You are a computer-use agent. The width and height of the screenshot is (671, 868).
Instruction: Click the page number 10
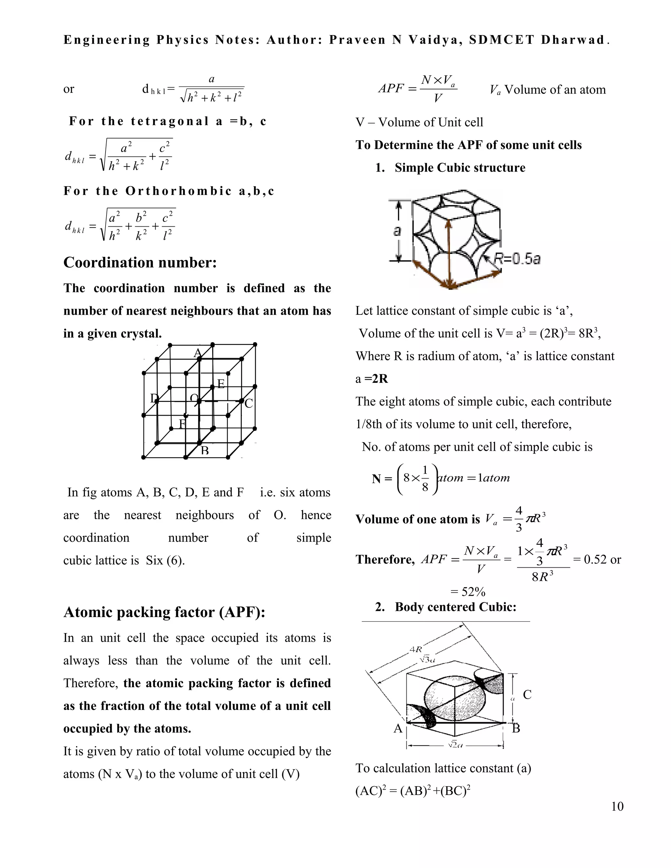tap(617, 806)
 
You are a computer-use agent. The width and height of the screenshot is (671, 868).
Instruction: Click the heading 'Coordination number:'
tap(140, 262)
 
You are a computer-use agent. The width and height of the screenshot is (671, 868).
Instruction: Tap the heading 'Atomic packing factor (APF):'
tap(164, 613)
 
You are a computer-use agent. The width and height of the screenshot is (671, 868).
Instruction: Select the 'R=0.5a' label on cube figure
tap(517, 259)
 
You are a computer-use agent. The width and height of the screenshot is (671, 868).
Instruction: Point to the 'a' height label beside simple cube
tap(397, 231)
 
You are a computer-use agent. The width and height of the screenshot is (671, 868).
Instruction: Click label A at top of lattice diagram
tap(198, 352)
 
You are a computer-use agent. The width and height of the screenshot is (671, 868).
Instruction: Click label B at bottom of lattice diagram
tap(205, 451)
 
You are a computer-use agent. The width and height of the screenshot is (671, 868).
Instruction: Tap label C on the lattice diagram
tap(249, 404)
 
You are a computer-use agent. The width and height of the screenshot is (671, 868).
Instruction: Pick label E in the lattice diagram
tap(221, 384)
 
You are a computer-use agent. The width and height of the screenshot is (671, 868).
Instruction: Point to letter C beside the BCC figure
tap(527, 695)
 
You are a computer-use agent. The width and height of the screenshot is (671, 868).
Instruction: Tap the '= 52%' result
tap(468, 592)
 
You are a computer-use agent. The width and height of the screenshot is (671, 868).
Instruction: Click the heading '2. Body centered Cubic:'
tap(446, 607)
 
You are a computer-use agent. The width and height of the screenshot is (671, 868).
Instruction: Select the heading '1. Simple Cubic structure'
tap(451, 168)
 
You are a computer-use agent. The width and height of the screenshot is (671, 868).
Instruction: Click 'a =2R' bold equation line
tap(372, 379)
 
